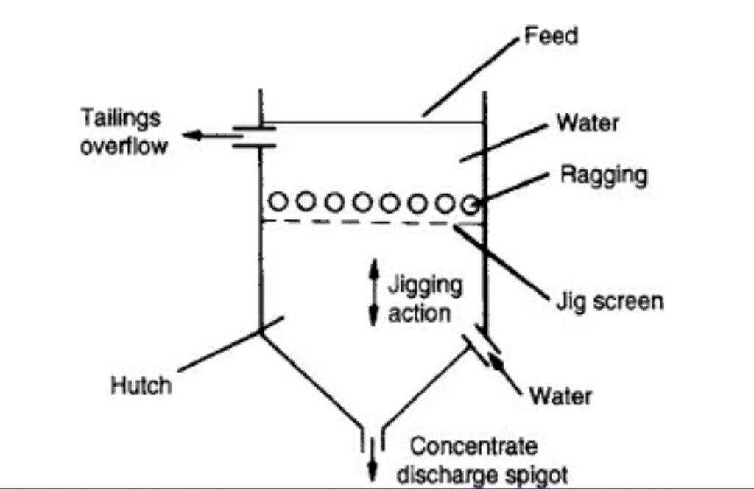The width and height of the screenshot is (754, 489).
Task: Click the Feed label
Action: tap(550, 36)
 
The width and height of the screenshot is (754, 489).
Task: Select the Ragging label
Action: tap(604, 175)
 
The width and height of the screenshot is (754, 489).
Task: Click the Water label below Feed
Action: tap(587, 122)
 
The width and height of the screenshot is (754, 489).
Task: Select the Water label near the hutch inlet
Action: tap(560, 396)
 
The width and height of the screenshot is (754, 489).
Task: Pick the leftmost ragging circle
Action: tap(278, 201)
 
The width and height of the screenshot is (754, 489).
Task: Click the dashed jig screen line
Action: tap(368, 222)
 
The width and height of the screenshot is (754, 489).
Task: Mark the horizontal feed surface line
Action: tap(368, 122)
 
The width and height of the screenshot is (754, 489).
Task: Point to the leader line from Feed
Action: tap(471, 77)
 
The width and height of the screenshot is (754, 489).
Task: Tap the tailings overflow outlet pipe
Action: tap(254, 136)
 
